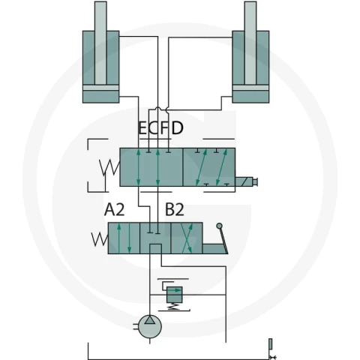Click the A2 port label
114,209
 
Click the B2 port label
175,209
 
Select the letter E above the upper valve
142,128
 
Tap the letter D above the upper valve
178,128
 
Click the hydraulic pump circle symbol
150,326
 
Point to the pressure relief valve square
174,295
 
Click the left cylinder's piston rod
100,43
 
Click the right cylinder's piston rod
250,43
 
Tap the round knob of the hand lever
219,226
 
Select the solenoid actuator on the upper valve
246,181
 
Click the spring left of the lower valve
100,239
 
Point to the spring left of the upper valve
109,168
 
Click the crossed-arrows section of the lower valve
187,238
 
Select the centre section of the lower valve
155,238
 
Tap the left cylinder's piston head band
100,88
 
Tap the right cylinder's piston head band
250,88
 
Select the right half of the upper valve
209,167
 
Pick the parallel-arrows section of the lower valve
124,238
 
